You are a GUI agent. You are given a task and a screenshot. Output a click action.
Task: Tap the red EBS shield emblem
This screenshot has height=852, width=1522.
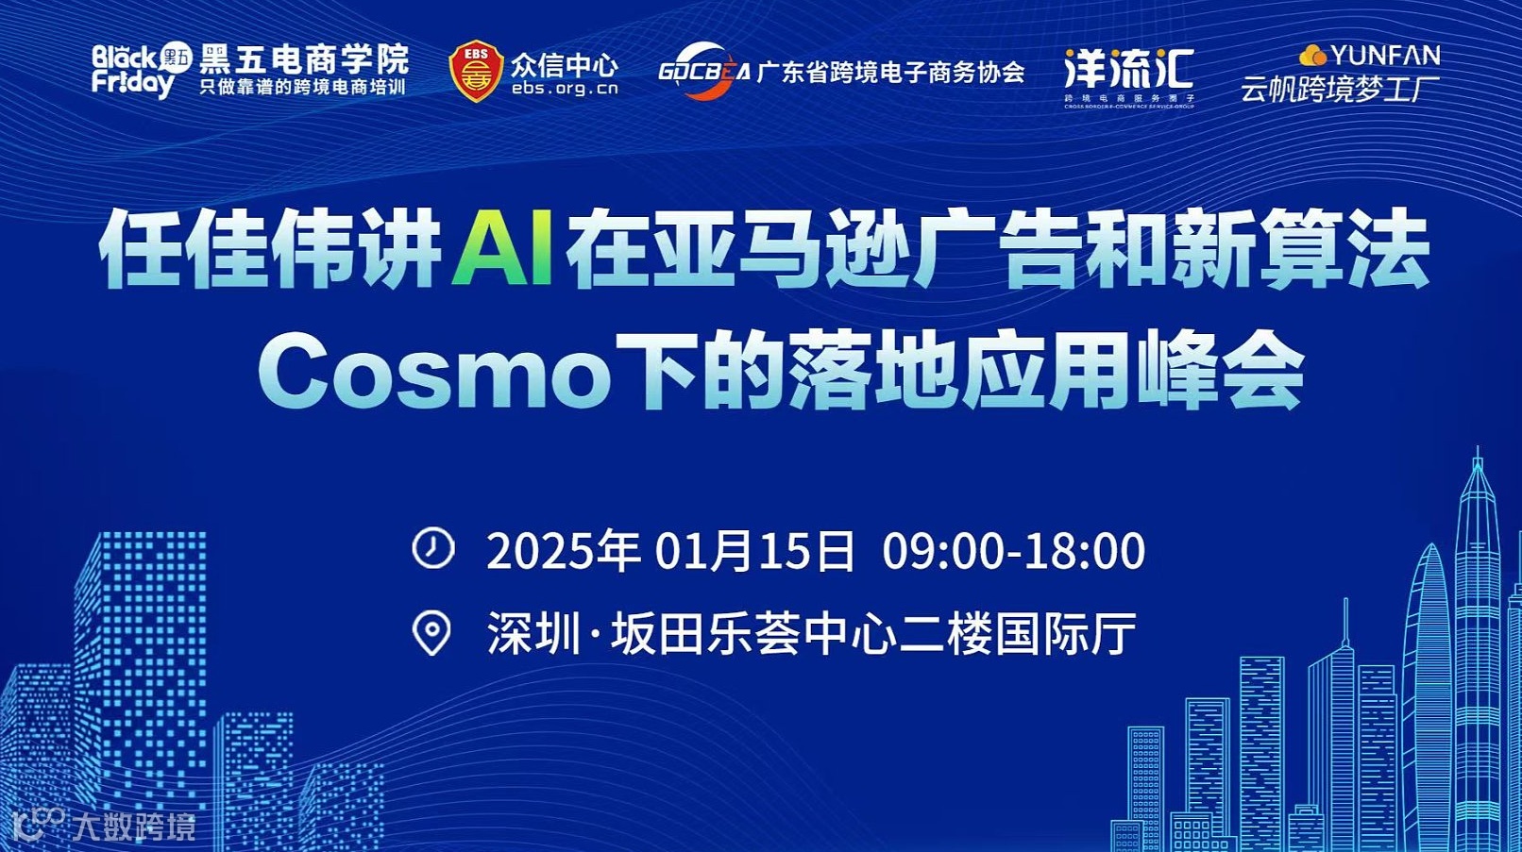[476, 71]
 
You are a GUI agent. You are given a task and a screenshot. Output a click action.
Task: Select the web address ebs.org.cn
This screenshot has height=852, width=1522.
[565, 89]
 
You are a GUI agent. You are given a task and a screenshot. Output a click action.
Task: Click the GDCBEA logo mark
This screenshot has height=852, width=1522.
[703, 71]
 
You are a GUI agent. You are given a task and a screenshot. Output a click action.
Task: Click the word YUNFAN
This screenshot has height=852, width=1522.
[1384, 55]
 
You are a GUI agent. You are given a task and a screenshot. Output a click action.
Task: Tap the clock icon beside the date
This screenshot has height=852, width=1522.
[433, 548]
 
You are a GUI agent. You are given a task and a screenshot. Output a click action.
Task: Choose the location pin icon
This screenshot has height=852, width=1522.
[432, 633]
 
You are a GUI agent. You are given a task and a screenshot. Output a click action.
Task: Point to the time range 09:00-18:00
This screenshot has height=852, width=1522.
[1013, 550]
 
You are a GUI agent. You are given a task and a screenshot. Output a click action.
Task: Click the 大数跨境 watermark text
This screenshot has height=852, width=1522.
[135, 827]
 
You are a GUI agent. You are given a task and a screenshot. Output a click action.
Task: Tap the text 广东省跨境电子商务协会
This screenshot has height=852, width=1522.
[890, 72]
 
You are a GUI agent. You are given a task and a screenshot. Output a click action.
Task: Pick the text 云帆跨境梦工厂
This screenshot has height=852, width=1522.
[1340, 89]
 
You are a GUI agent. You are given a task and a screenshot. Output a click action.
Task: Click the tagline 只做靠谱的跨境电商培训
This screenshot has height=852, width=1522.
[302, 87]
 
